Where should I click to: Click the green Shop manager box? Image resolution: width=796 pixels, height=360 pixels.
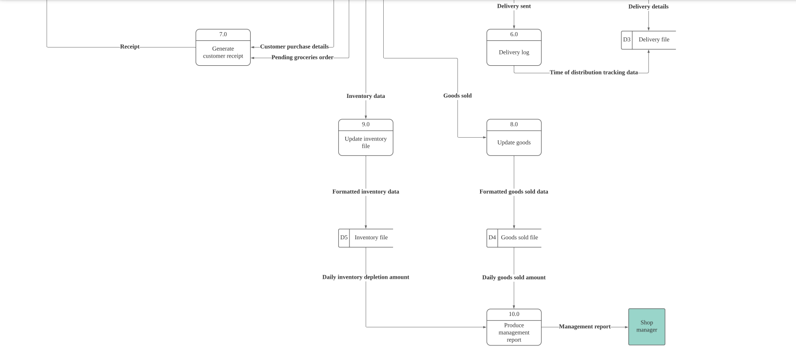tap(646, 327)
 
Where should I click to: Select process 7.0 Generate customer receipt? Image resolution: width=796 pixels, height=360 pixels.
tap(223, 48)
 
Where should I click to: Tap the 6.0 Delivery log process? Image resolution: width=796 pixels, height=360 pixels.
tap(514, 48)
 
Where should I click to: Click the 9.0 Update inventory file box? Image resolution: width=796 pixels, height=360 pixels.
tap(366, 138)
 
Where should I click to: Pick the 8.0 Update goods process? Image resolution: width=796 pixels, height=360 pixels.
tap(514, 138)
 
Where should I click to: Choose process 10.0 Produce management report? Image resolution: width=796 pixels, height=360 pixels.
tap(514, 327)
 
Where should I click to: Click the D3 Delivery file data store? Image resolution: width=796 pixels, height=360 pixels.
tap(648, 40)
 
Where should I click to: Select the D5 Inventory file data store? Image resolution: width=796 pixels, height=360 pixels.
tap(366, 238)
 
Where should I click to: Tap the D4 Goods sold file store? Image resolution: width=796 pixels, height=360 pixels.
tap(514, 238)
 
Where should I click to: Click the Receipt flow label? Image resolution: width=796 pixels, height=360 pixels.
tap(129, 47)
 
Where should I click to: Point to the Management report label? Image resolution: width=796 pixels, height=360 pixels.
tap(584, 327)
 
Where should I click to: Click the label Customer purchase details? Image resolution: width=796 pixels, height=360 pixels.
tap(294, 47)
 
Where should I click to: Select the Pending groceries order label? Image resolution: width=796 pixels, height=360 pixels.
tap(302, 57)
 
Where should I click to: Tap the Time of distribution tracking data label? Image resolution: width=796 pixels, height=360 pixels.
tap(594, 73)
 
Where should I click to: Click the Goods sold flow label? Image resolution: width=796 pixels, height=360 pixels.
tap(457, 96)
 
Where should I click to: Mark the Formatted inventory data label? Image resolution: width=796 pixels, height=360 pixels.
tap(366, 192)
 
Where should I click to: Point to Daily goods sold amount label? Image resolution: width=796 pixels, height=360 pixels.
tap(514, 278)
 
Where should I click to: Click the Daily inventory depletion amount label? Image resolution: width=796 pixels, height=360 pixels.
tap(366, 277)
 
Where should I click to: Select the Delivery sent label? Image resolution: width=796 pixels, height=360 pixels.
tap(514, 6)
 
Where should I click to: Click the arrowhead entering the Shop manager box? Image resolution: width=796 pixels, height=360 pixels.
tap(626, 327)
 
